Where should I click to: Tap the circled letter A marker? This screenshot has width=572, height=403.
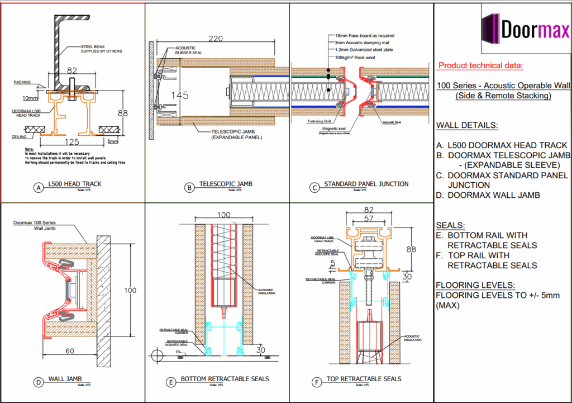39,188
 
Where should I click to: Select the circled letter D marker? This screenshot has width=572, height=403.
39,383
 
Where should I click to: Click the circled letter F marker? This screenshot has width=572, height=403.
317,382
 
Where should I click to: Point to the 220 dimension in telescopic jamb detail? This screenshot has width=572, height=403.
216,39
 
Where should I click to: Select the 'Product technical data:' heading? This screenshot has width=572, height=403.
480,65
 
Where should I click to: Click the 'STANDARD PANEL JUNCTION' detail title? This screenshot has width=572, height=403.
366,184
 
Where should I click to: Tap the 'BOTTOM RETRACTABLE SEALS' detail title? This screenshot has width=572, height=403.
225,379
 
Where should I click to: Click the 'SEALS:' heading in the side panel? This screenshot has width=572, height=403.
450,225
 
